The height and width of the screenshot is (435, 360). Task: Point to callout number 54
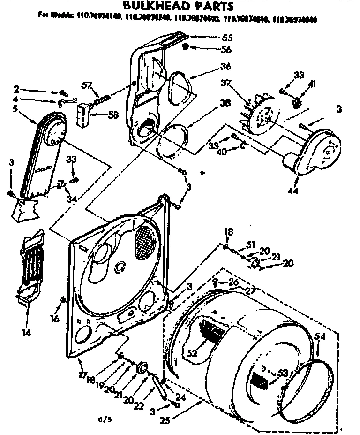click(320, 336)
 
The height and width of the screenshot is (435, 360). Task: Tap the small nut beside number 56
click(186, 47)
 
